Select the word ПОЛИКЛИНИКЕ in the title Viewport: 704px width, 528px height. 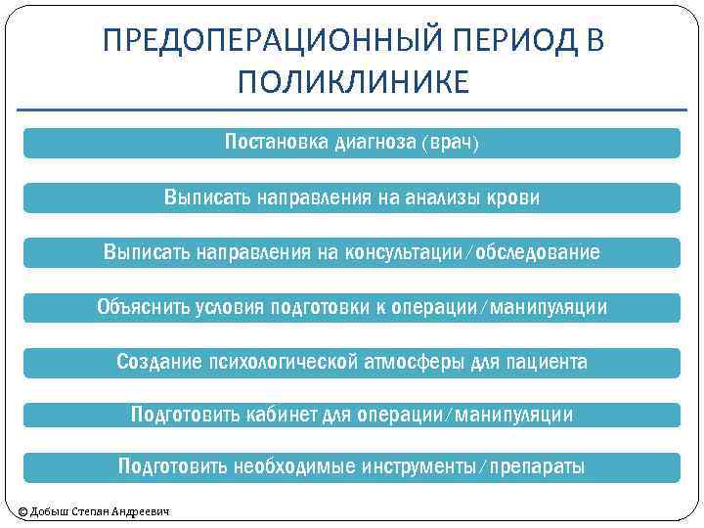352,80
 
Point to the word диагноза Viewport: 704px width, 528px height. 375,144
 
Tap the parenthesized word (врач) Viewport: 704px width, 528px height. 451,144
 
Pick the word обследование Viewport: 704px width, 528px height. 540,253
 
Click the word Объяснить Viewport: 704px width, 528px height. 142,308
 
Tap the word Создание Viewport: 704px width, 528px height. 158,363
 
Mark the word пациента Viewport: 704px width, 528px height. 545,363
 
